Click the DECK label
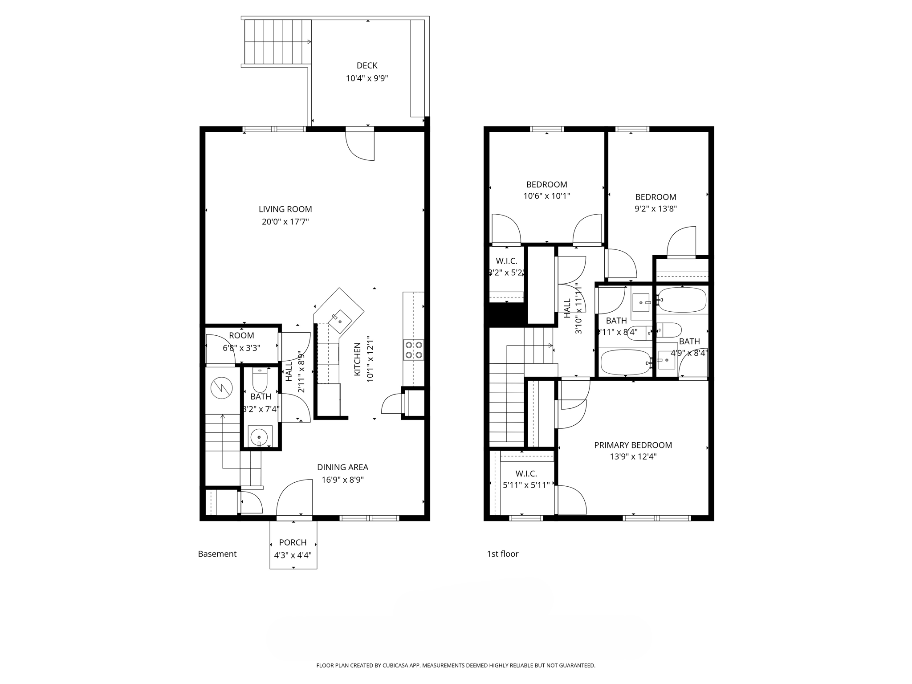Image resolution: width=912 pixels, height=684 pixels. tap(367, 65)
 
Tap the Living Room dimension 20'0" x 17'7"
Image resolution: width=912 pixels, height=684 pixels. tap(285, 221)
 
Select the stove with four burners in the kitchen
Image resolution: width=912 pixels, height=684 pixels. tap(414, 350)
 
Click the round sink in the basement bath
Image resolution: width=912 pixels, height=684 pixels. tap(259, 437)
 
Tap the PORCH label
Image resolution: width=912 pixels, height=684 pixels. tap(293, 542)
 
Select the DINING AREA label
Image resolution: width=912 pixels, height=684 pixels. tap(342, 467)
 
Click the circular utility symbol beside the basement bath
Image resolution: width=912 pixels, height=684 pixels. tap(221, 387)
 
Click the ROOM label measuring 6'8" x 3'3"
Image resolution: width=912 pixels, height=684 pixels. tap(241, 335)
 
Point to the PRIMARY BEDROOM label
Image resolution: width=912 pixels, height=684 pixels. tap(633, 445)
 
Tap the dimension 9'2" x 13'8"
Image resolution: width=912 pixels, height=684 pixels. tap(655, 208)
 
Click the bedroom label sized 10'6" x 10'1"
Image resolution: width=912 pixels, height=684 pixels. tap(546, 184)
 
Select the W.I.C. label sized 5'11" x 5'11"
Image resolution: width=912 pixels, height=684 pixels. tap(526, 474)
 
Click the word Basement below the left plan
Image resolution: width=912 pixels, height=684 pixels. tap(217, 554)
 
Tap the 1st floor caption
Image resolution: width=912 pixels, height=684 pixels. tap(503, 554)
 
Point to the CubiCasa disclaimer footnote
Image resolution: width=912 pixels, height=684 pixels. tap(456, 665)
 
